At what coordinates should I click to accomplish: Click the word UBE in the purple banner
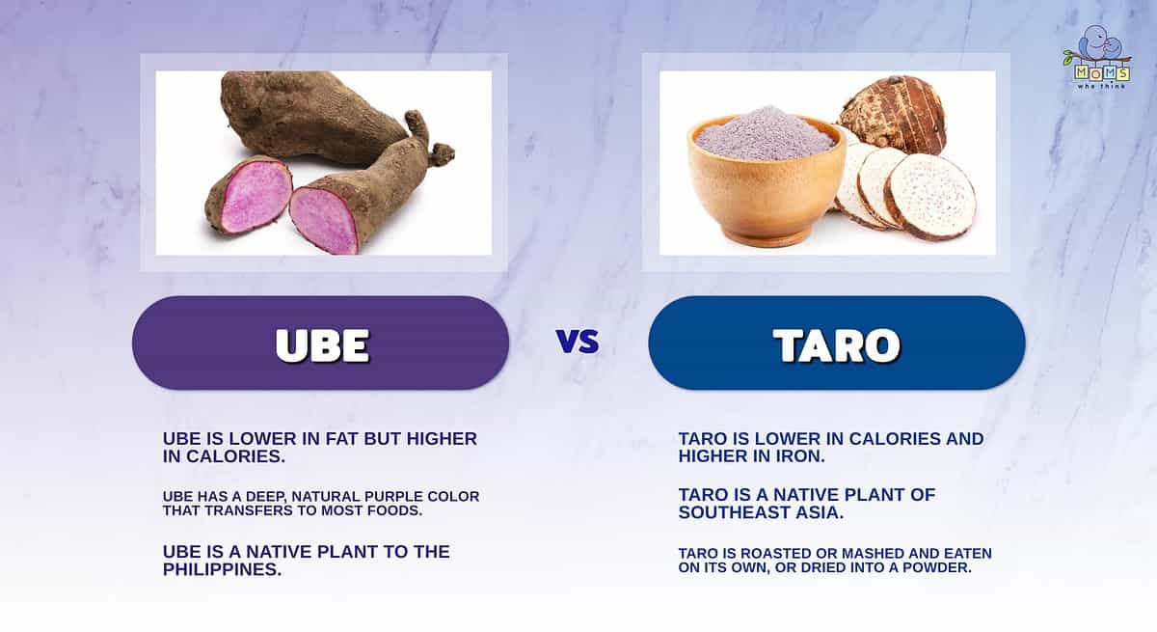click(323, 345)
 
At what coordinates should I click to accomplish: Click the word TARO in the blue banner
click(837, 345)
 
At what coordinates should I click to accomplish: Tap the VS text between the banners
click(578, 342)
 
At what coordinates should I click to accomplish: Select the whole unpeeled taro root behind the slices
click(893, 114)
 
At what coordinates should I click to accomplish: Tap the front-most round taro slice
click(929, 197)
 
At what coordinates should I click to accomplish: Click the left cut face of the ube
click(256, 195)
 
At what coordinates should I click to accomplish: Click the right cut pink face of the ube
click(324, 221)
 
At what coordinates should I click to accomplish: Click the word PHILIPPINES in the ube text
click(222, 569)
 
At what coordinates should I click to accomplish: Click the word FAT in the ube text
click(342, 439)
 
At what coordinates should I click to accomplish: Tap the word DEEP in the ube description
click(268, 497)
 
